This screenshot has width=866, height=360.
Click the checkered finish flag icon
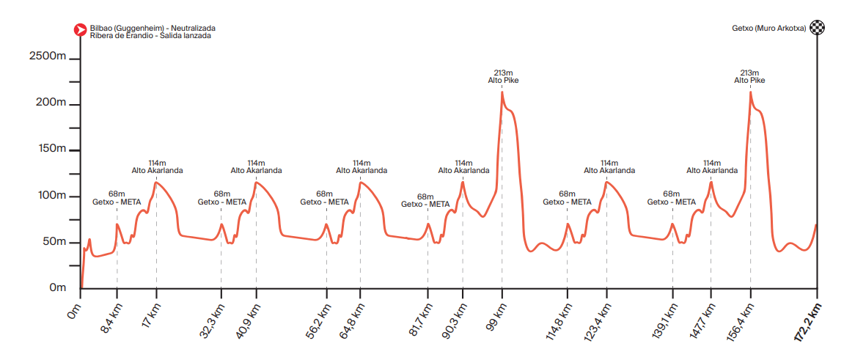[816, 29]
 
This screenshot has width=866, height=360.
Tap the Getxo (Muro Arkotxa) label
[768, 29]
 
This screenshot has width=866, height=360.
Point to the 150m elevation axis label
[51, 150]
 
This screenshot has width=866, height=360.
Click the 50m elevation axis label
[54, 242]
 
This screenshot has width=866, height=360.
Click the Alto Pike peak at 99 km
[502, 92]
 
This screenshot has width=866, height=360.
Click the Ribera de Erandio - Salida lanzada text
[150, 35]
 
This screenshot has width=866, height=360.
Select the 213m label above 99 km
[503, 73]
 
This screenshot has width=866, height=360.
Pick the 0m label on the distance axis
[72, 314]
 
